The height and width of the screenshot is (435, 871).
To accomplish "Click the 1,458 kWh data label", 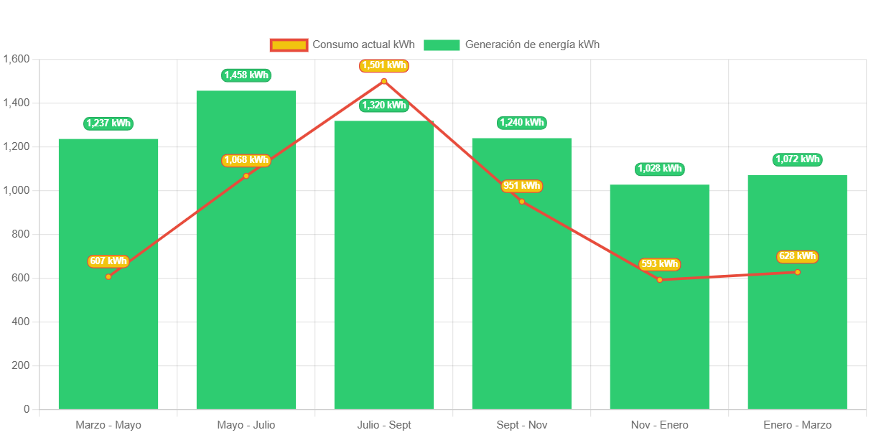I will (246, 75).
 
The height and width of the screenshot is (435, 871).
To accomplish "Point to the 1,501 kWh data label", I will (384, 65).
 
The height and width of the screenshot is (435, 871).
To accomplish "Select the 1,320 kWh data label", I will (384, 106).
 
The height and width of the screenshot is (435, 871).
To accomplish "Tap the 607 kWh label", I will (108, 261).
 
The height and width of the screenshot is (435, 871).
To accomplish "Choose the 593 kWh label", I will (659, 264).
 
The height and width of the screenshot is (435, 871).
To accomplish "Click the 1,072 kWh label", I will (797, 159).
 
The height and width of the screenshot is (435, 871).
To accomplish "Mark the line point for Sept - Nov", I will (522, 202).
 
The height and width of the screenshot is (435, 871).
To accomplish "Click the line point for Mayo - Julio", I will (246, 176).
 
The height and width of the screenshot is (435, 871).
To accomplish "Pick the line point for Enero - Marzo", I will (797, 272).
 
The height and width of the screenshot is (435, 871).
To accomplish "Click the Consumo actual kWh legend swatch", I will (289, 45).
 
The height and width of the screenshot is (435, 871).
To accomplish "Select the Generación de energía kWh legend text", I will (532, 45).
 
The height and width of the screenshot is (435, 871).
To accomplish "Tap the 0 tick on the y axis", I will (27, 409).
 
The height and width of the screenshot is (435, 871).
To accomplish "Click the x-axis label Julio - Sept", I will (384, 425).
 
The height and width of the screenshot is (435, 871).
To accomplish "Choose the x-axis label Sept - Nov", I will (522, 425).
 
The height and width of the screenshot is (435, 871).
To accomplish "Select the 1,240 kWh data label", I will (522, 123).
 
